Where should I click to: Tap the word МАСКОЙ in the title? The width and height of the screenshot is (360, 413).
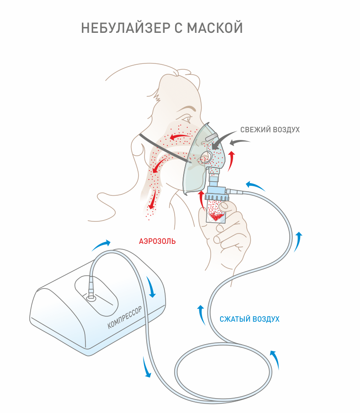(215, 28)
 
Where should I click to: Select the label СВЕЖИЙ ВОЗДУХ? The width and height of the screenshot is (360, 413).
(270, 130)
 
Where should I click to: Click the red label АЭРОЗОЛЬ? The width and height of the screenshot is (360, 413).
(157, 241)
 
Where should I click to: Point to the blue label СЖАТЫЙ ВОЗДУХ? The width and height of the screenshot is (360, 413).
(249, 319)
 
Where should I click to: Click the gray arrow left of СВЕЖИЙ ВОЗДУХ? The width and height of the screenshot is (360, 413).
(240, 143)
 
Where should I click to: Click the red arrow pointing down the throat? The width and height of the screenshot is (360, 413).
(154, 198)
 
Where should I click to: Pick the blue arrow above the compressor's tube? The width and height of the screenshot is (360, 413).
(101, 244)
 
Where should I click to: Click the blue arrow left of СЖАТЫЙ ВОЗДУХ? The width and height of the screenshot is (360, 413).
(201, 314)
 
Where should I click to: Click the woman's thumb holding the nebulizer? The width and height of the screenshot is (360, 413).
(230, 207)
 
